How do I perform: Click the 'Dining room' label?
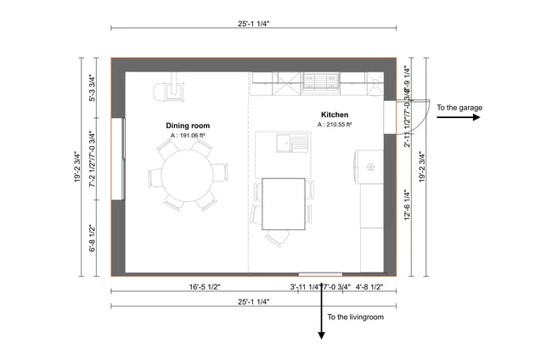(188, 126)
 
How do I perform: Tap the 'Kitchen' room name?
(335, 115)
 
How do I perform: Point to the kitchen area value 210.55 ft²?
(335, 125)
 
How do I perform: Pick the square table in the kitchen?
(284, 204)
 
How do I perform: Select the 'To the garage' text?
(459, 108)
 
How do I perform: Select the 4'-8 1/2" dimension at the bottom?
(369, 287)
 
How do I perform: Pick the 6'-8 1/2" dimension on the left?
(93, 238)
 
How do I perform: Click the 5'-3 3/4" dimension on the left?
(93, 87)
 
